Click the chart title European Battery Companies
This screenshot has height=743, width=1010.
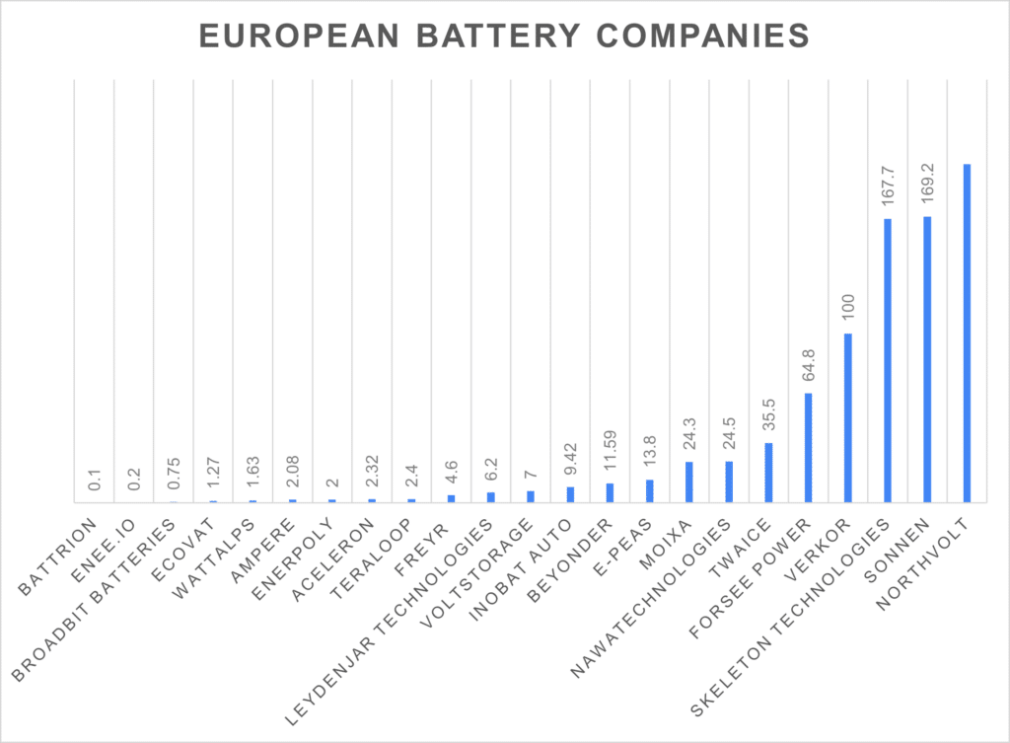click(x=504, y=37)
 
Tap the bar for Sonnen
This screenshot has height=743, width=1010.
click(x=927, y=359)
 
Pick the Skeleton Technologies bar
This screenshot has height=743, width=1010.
click(x=888, y=360)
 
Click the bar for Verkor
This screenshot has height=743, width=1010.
click(x=847, y=418)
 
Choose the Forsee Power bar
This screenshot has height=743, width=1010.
click(x=808, y=448)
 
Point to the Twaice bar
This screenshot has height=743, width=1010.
click(x=768, y=473)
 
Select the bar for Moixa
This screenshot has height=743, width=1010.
click(x=688, y=483)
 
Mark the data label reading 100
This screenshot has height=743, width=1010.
click(x=847, y=312)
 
